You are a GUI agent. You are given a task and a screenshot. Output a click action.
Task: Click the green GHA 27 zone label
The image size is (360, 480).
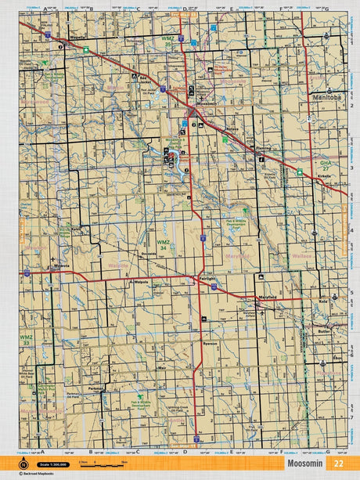326,165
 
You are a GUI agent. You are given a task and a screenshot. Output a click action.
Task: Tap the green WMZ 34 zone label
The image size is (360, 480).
162,245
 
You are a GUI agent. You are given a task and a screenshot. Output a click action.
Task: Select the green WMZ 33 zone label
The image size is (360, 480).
26,339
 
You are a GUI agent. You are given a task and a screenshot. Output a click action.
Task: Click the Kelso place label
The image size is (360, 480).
76,229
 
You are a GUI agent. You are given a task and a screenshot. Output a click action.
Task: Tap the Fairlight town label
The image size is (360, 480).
207,280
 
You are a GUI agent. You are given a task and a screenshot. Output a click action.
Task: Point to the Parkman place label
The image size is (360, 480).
97,388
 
